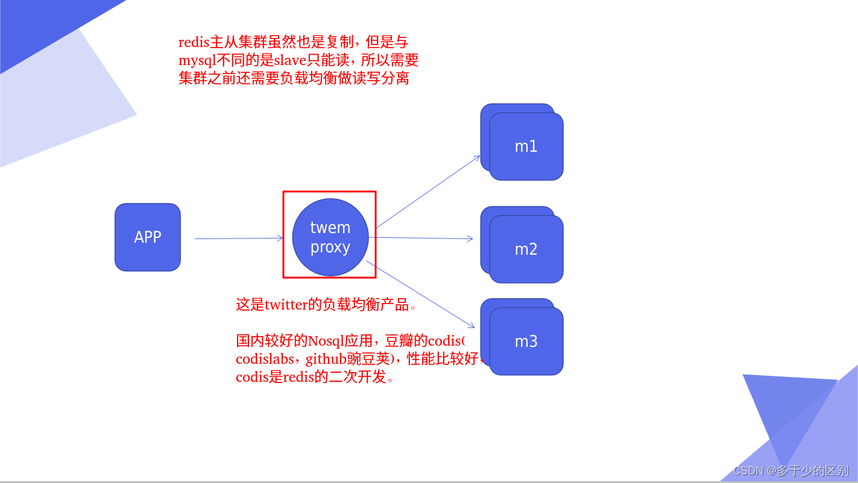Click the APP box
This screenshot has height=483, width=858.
coord(148,237)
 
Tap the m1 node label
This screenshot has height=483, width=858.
coord(526,146)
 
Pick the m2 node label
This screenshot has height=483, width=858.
coord(526,249)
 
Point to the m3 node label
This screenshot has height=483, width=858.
coord(526,341)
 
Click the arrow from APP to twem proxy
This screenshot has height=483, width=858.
coord(238,238)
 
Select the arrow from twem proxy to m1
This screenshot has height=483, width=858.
coord(428,192)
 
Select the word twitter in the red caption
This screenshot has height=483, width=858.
coord(286,305)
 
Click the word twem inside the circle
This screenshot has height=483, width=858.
coord(330,228)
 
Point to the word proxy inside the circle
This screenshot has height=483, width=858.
coord(330,248)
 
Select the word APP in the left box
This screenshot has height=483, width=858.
coord(148,237)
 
